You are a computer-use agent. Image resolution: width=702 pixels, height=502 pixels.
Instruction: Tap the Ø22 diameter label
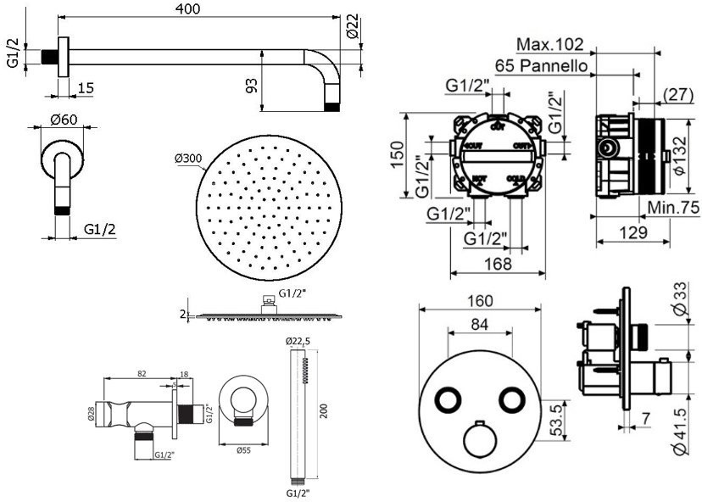[354, 29]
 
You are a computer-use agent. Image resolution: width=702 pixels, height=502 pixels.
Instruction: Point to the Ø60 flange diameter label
[61, 120]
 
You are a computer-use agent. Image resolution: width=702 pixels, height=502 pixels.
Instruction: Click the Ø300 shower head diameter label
[188, 159]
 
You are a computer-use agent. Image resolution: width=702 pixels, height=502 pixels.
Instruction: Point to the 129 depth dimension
[632, 232]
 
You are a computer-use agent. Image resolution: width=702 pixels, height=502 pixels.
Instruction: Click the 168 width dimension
[497, 264]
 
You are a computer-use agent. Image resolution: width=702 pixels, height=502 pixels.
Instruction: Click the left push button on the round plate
[448, 399]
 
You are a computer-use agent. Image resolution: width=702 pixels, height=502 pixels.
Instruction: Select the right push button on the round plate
[512, 399]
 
